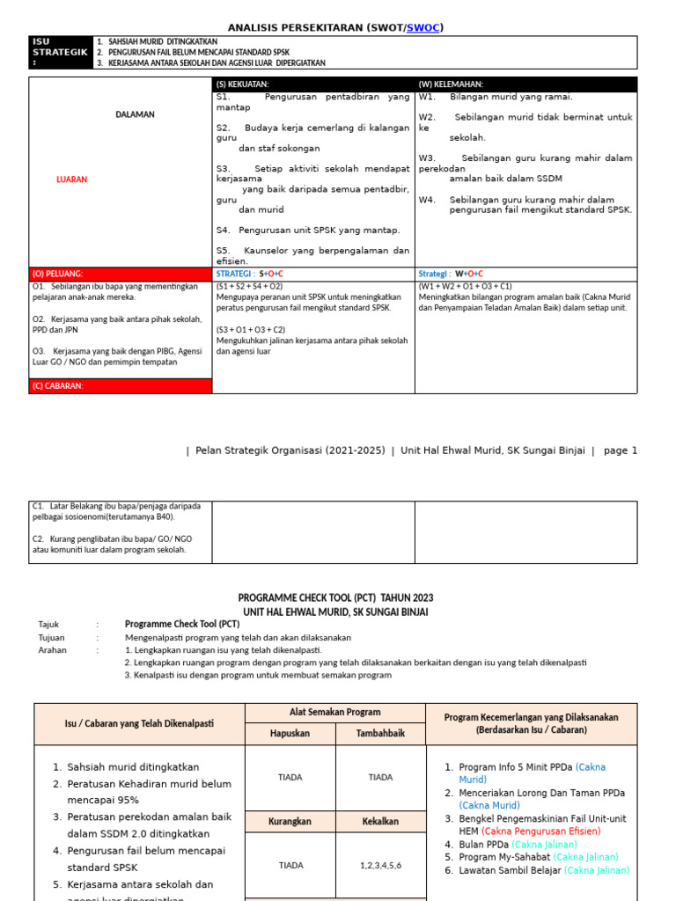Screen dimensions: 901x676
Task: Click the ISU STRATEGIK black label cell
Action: point(61,52)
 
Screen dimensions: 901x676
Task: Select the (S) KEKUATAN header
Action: point(313,84)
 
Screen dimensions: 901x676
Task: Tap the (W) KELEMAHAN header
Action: point(525,84)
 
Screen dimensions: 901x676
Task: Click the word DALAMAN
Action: point(135,114)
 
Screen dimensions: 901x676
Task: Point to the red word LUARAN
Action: point(71,179)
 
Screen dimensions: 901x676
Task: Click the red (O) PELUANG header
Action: point(121,275)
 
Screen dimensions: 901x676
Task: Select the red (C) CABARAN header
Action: point(121,386)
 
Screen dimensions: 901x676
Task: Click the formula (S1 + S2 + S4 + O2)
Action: point(251,287)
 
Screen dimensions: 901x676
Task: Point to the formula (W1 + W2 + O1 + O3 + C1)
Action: point(465,287)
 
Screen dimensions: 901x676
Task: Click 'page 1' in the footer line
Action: point(620,450)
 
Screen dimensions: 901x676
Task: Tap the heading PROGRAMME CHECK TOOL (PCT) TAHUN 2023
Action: point(335,597)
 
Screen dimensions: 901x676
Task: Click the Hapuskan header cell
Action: point(290,734)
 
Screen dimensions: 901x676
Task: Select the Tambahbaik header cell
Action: point(380,734)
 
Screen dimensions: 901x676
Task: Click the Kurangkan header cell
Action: point(290,821)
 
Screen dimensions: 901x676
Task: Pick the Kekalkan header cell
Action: point(380,821)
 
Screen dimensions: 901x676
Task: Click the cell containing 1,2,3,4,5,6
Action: point(380,865)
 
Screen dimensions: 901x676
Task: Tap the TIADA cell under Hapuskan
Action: point(290,777)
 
